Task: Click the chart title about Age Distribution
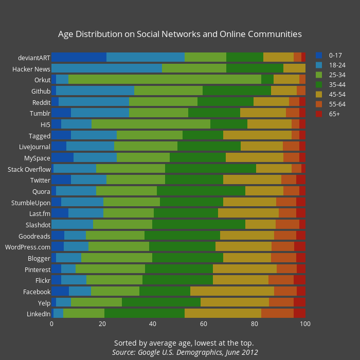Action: (x=179, y=34)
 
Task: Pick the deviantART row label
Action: (x=34, y=57)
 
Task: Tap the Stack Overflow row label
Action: (x=29, y=169)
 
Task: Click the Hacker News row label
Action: (x=31, y=68)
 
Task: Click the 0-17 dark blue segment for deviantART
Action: (x=79, y=57)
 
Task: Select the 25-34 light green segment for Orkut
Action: (x=165, y=79)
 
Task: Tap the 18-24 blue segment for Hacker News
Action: (x=107, y=68)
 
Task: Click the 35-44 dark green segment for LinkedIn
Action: (x=145, y=313)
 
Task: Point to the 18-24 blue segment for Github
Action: (x=95, y=91)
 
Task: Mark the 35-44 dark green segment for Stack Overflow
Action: (x=210, y=169)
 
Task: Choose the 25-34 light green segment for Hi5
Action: (x=151, y=124)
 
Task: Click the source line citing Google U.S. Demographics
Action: (x=185, y=352)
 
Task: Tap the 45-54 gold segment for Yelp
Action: (x=235, y=302)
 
